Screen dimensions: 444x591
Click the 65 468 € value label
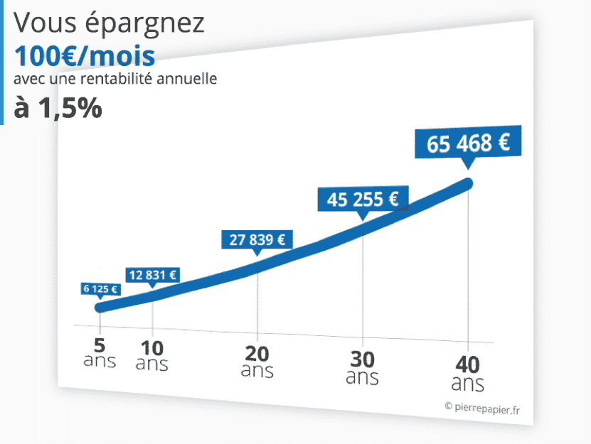(x=468, y=143)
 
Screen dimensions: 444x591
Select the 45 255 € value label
(x=363, y=200)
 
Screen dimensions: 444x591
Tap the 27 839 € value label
(x=257, y=239)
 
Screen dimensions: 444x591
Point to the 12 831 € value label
(x=152, y=275)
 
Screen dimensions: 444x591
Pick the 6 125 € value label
(x=100, y=289)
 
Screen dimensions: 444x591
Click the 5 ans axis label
(x=100, y=352)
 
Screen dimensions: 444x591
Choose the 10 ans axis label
(x=151, y=356)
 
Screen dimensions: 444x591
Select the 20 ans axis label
(x=257, y=362)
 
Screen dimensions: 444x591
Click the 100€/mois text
(x=84, y=55)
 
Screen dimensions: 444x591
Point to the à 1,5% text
(x=58, y=108)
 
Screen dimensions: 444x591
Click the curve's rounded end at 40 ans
(x=467, y=184)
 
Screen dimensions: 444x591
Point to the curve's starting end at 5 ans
(x=100, y=307)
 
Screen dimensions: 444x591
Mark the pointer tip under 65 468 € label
(x=467, y=166)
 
